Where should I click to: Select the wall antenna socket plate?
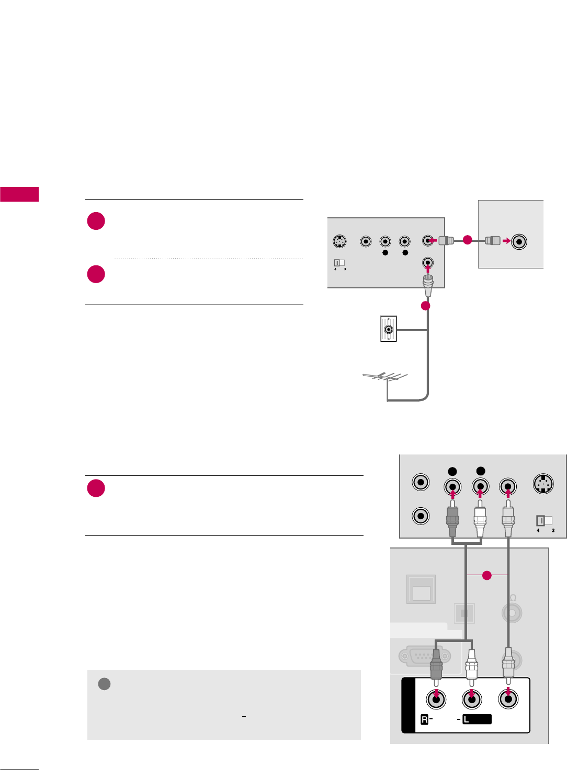[389, 330]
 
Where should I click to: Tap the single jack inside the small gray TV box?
[519, 241]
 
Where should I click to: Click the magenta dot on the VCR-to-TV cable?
[467, 240]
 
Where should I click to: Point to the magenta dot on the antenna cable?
[426, 306]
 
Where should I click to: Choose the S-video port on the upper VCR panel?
[340, 242]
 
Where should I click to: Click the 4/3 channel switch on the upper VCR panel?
[340, 263]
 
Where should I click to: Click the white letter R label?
[425, 720]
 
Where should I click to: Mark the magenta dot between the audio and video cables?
[486, 575]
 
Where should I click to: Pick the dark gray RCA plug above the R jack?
[436, 669]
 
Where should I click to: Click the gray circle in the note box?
[105, 684]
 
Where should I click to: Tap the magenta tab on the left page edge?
[19, 194]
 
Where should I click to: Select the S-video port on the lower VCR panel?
[544, 483]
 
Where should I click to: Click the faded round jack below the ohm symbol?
[512, 613]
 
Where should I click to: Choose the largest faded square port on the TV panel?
[422, 589]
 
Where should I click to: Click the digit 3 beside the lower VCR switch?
[553, 531]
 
